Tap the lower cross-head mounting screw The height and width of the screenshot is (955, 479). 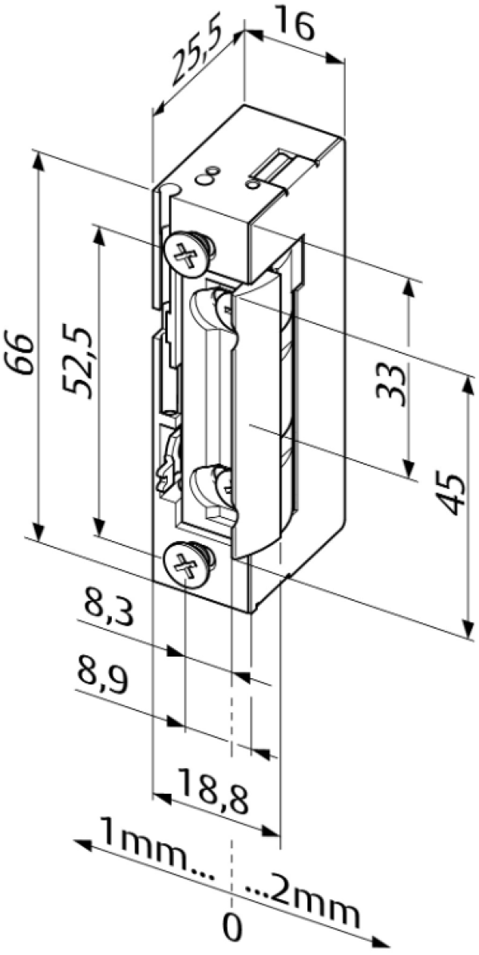coord(188,565)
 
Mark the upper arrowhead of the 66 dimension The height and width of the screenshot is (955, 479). coord(38,159)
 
